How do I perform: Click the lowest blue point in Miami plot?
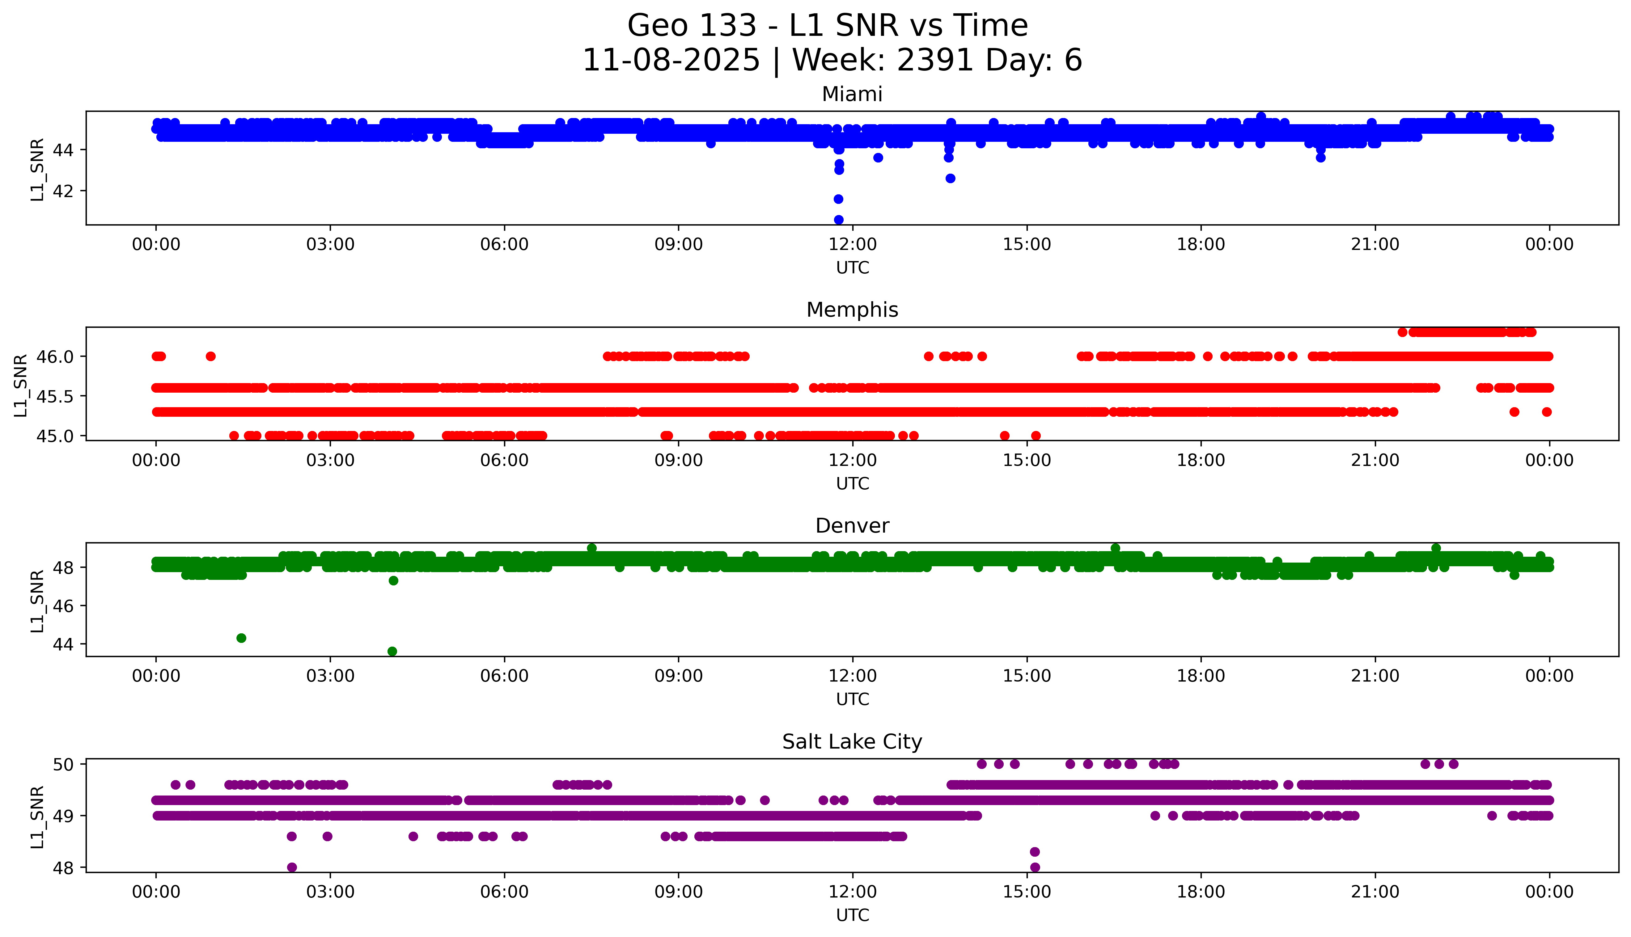(839, 219)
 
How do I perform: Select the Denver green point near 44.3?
(241, 638)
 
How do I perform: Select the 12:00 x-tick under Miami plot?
(852, 245)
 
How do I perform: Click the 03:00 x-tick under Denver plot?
(330, 676)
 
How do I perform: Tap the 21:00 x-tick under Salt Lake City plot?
(1375, 892)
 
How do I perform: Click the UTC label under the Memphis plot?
(852, 483)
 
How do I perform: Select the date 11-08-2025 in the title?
(671, 61)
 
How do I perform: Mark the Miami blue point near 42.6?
(950, 178)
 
